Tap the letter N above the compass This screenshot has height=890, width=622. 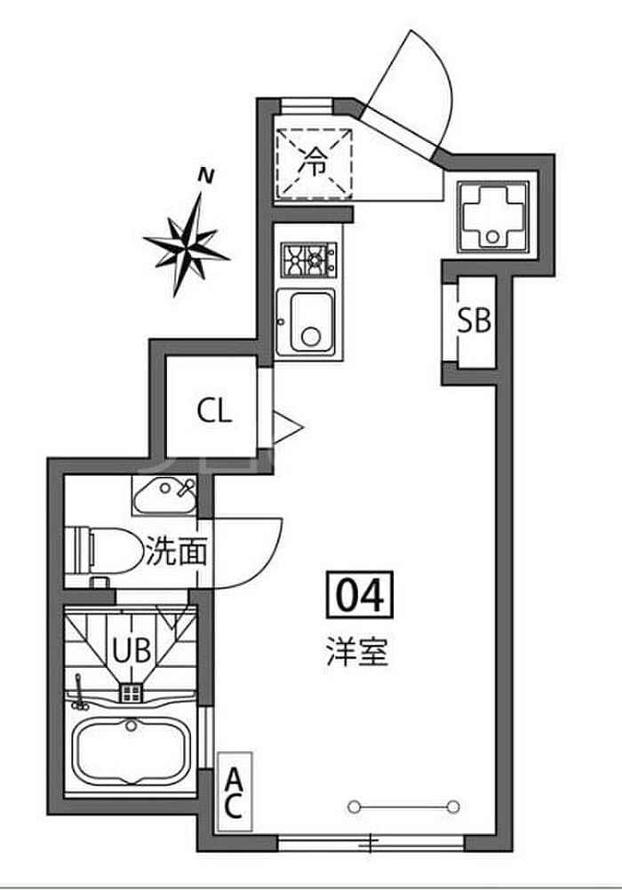tap(206, 176)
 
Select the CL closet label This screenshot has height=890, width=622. tap(213, 410)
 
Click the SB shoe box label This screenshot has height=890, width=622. tap(474, 321)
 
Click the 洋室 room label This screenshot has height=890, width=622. tap(355, 654)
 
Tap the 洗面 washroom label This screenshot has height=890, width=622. tap(176, 552)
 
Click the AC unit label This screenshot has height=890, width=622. tap(234, 793)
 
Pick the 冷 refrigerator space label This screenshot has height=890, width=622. tap(313, 161)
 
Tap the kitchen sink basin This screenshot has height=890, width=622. tap(307, 322)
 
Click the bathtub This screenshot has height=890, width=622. tap(131, 751)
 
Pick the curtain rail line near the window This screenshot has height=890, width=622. tap(404, 807)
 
